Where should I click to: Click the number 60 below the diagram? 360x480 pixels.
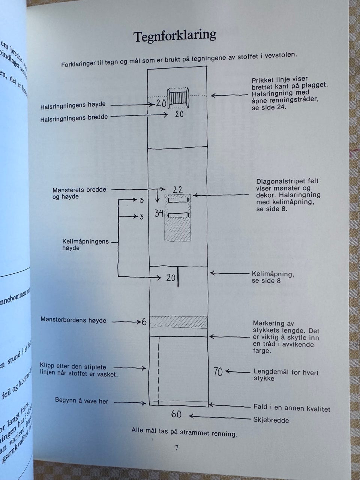click(176, 414)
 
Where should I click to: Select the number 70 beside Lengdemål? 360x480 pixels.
click(218, 372)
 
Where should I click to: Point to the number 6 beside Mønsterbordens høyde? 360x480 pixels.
click(144, 322)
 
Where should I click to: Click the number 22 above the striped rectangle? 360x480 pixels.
click(178, 189)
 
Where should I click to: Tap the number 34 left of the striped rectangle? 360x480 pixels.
click(159, 214)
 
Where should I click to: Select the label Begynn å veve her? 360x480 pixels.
click(81, 401)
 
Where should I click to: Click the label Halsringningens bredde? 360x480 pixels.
click(74, 117)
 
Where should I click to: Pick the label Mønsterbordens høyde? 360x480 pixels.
click(73, 320)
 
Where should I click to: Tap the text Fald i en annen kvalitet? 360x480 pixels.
click(292, 408)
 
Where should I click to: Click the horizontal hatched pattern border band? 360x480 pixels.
click(178, 322)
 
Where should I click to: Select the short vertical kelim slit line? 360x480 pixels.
click(178, 277)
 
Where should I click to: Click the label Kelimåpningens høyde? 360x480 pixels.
click(85, 244)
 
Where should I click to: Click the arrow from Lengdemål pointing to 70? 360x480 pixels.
click(237, 372)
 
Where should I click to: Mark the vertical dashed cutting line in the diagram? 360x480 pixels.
click(159, 371)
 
